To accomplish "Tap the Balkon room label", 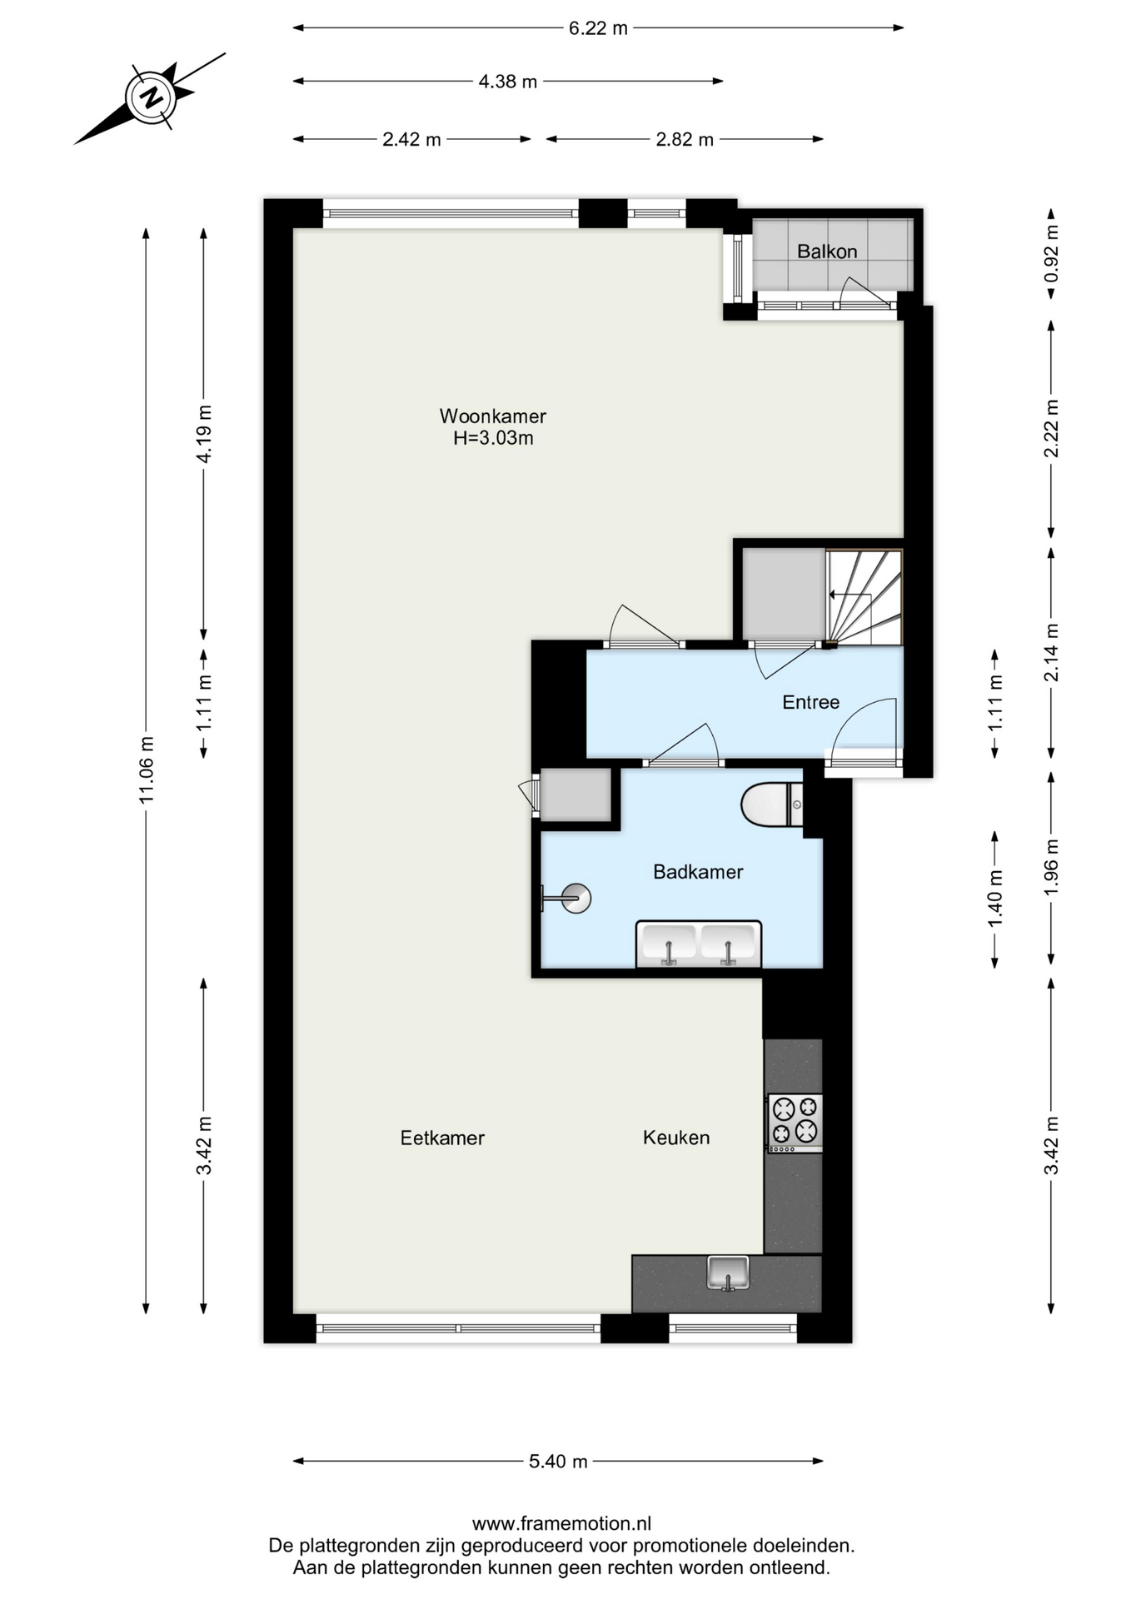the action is tap(826, 252).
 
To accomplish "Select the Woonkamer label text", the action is tap(493, 416).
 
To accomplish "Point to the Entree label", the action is tap(810, 702).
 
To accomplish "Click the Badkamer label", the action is tap(698, 872).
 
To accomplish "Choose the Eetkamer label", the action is tap(442, 1138).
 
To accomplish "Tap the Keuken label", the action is tap(676, 1138).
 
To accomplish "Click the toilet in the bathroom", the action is tap(772, 804).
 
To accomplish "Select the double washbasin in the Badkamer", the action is tap(699, 944).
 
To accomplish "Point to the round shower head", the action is tap(575, 898).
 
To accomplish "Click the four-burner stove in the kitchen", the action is tap(795, 1123).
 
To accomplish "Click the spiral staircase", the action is tap(864, 597).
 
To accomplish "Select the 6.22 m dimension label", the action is tap(598, 28).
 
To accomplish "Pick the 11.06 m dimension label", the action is tap(147, 770).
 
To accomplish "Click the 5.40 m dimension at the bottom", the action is tap(558, 1462).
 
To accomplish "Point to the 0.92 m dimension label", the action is tap(1051, 254).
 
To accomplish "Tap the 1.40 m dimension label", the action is tap(994, 898).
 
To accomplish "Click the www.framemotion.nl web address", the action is tap(561, 1524).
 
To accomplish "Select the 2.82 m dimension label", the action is tap(685, 140).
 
